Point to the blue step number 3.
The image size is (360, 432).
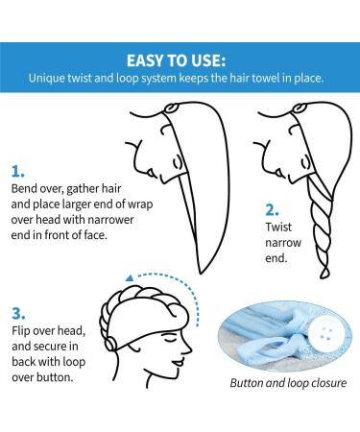coord(18,312)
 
